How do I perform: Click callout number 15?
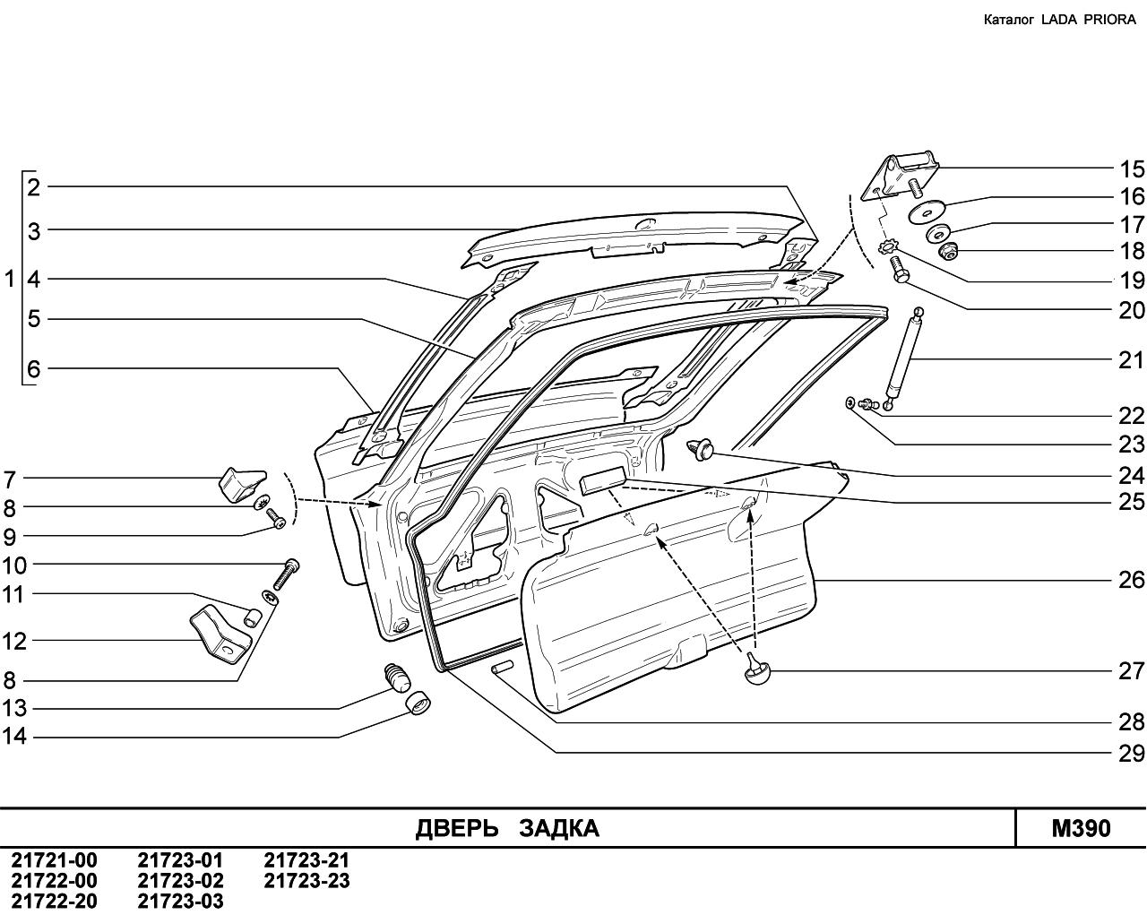[x=1132, y=168]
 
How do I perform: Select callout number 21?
[x=1132, y=360]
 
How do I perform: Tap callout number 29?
[x=1132, y=753]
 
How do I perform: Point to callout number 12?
[x=15, y=642]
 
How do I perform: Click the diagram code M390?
[x=1081, y=828]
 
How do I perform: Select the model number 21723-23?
[x=306, y=881]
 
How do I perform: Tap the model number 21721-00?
[x=54, y=860]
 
